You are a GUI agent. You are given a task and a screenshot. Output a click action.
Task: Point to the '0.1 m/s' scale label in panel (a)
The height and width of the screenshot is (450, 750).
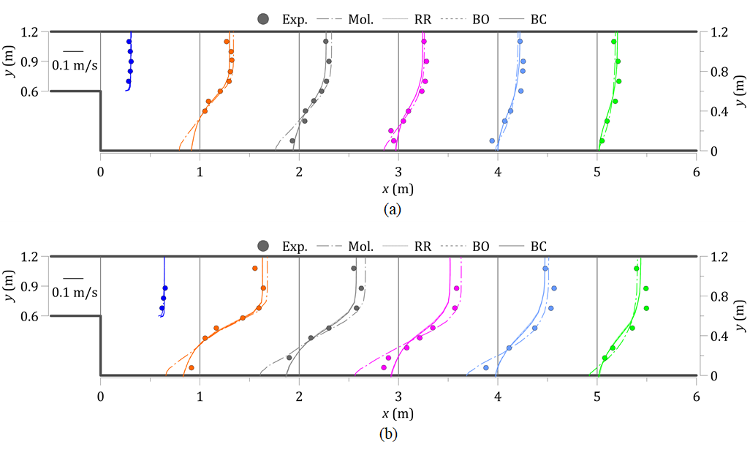(75, 65)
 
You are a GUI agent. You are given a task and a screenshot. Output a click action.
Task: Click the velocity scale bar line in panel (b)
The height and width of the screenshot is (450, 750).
(72, 277)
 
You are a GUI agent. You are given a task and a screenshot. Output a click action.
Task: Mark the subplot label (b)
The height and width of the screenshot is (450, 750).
(389, 435)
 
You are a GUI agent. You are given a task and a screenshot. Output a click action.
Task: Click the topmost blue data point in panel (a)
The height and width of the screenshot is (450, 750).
(129, 42)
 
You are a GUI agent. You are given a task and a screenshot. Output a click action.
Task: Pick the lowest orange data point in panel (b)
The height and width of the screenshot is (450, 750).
(192, 367)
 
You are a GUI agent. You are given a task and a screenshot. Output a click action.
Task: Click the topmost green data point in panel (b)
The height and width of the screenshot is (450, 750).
(637, 269)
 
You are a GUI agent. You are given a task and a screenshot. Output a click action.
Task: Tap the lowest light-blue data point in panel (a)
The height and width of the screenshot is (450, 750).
(492, 140)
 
